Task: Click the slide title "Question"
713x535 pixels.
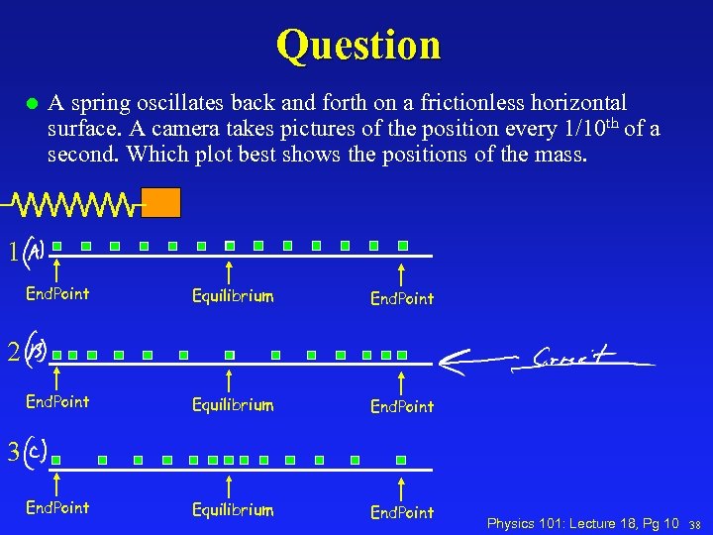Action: pyautogui.click(x=358, y=45)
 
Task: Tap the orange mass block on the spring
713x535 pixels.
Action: pyautogui.click(x=161, y=202)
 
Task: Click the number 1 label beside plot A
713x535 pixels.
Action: pyautogui.click(x=12, y=253)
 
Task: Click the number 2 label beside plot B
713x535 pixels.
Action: pyautogui.click(x=12, y=352)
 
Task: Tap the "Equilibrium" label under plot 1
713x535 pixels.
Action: pyautogui.click(x=233, y=296)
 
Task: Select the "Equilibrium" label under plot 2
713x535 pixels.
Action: pyautogui.click(x=233, y=405)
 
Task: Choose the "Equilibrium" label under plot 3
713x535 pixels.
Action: pyautogui.click(x=233, y=510)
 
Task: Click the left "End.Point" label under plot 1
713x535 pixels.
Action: pyautogui.click(x=57, y=293)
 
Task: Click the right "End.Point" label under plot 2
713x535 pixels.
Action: pyautogui.click(x=402, y=406)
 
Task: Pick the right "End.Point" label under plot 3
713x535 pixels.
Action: pyautogui.click(x=402, y=512)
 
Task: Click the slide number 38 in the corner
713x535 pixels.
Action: pyautogui.click(x=695, y=523)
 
